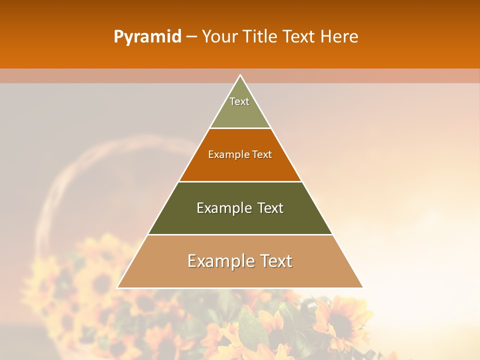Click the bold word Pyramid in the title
point(147,37)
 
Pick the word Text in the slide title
point(299,37)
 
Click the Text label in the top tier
point(239,101)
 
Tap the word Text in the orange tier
point(262,155)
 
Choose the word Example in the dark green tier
point(222,208)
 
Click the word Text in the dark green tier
point(270,208)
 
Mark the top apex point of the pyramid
point(240,75)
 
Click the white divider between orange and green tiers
point(240,181)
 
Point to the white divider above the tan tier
point(240,234)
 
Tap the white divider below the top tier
point(240,128)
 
